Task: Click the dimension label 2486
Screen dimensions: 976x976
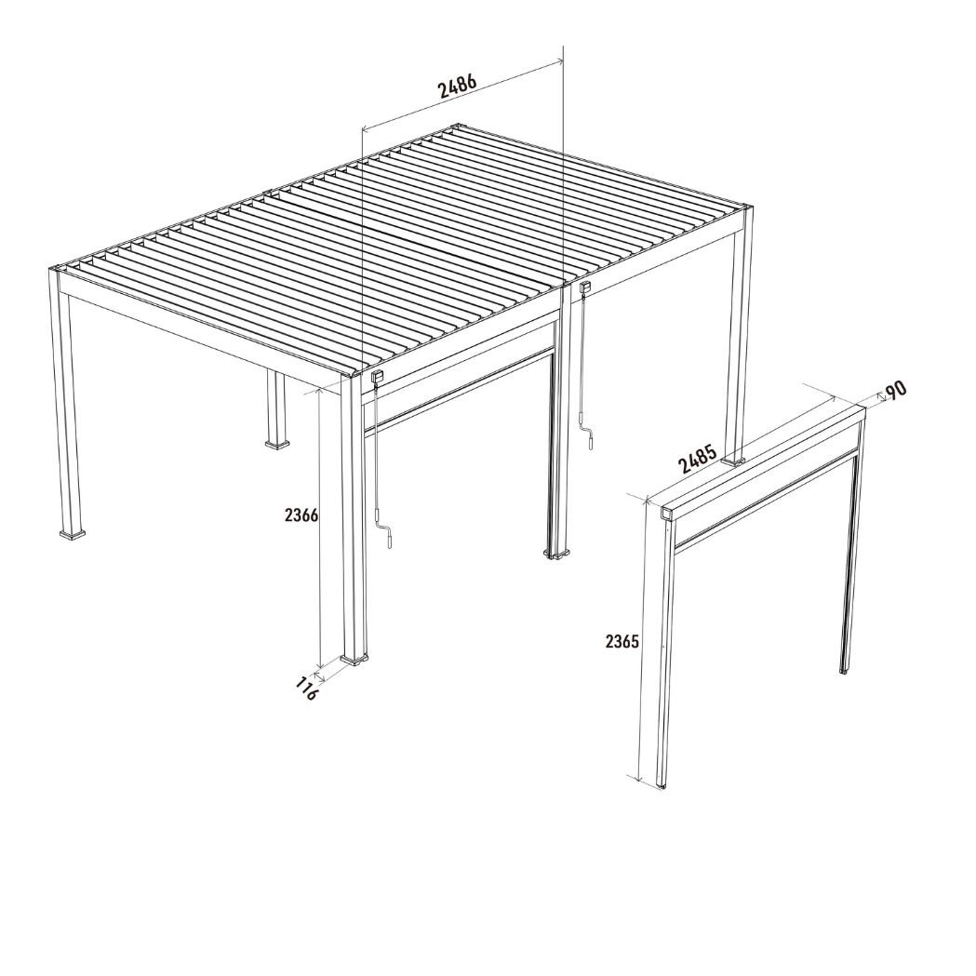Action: point(458,86)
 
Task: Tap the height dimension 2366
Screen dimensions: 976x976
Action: point(302,515)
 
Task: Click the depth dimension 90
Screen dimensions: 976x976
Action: point(895,390)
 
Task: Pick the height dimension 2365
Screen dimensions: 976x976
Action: point(622,641)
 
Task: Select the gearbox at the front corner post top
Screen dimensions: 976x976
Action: point(378,377)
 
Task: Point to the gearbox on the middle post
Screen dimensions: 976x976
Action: point(584,288)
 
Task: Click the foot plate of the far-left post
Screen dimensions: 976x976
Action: point(74,534)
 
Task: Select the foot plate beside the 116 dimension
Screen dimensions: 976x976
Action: point(354,660)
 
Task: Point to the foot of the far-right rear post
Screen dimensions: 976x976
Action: point(734,460)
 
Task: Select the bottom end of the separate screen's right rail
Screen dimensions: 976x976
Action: point(843,669)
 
